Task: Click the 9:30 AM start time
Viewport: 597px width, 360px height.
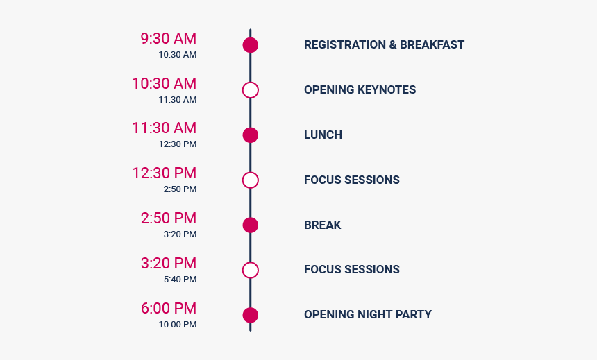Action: coord(168,38)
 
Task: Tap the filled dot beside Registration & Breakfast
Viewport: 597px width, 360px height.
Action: coord(251,45)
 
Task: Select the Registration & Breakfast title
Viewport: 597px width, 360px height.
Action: coord(384,44)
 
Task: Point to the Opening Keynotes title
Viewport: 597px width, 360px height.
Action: coord(360,89)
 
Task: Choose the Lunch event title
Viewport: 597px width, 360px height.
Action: coord(323,135)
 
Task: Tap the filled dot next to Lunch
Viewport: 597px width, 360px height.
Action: coord(251,135)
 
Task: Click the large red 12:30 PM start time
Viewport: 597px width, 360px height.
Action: coord(164,173)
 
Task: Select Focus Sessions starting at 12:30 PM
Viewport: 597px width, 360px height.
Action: coord(352,180)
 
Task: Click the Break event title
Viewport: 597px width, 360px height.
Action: coord(323,225)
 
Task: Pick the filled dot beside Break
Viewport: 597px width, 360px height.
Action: coord(251,225)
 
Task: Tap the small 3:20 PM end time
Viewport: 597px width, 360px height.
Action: coord(180,234)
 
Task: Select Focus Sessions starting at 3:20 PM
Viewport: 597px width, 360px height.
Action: coord(352,269)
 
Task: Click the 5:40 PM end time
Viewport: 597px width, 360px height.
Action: coord(180,280)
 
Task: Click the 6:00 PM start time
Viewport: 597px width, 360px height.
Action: coord(169,308)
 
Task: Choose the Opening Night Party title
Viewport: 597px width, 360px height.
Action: coord(368,314)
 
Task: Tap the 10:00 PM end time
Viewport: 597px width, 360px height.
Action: coord(178,325)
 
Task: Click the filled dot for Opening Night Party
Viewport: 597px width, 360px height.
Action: coord(251,315)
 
